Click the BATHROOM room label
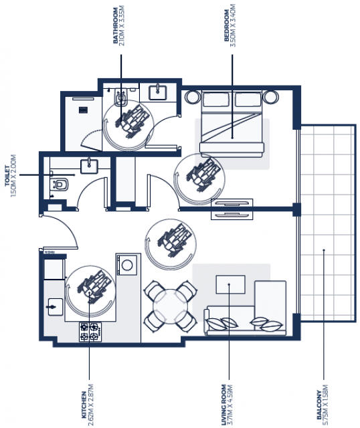point(116,25)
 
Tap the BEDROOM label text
point(226,25)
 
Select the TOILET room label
point(7,175)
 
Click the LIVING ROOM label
point(223,405)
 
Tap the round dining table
point(170,306)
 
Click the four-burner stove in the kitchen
point(90,332)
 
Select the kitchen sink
point(56,307)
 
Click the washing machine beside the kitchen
point(126,265)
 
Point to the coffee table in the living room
point(231,284)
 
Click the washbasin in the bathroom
point(158,93)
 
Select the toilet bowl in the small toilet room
point(60,185)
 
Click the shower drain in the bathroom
point(83,110)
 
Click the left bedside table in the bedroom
point(192,97)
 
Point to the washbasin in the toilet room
point(89,166)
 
